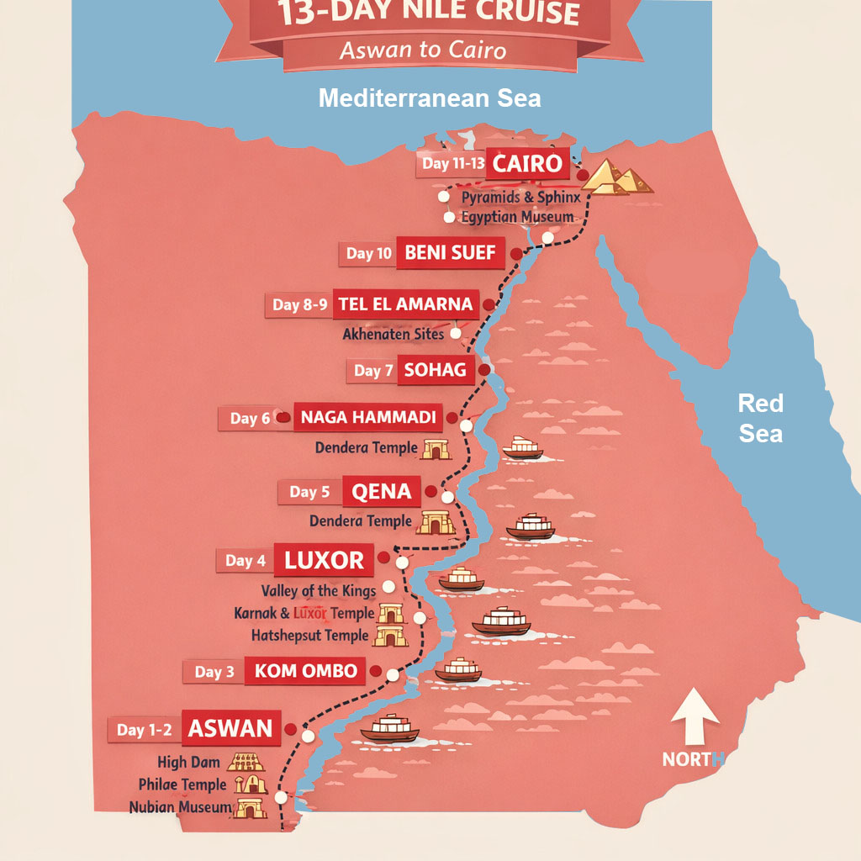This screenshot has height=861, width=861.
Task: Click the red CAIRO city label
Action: (x=527, y=163)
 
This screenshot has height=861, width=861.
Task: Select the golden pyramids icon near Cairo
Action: (x=618, y=177)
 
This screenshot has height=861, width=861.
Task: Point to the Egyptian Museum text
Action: (x=517, y=217)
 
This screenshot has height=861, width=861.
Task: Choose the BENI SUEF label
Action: (x=450, y=252)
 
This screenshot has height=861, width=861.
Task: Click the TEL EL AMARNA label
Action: (x=405, y=304)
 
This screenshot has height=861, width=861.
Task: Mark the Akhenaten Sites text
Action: (x=393, y=334)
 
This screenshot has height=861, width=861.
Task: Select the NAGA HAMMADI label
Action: (x=367, y=417)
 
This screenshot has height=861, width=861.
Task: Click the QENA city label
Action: (x=382, y=492)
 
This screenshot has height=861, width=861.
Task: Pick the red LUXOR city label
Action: (x=324, y=560)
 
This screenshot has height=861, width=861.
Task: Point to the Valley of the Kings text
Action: (x=319, y=591)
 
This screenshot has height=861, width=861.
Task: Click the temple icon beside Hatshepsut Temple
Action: (x=390, y=637)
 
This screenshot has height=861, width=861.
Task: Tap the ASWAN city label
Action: (x=230, y=729)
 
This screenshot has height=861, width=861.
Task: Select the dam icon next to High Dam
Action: (x=246, y=763)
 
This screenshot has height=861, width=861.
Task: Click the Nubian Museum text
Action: (x=180, y=807)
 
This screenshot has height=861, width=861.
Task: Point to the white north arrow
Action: (x=695, y=719)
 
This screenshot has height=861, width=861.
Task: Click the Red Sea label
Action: (x=760, y=418)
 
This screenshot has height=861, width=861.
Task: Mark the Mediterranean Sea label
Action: (x=430, y=98)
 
